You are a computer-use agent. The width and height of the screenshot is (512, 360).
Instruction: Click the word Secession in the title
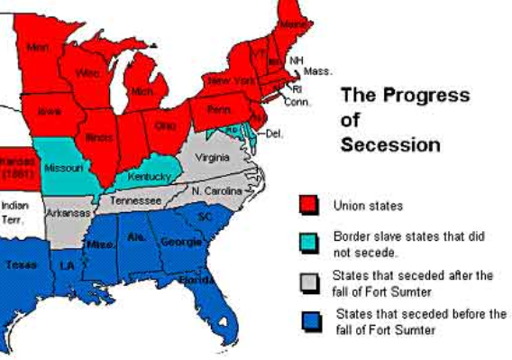pyautogui.click(x=390, y=143)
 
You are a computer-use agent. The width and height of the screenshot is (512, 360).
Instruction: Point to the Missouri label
pyautogui.click(x=64, y=168)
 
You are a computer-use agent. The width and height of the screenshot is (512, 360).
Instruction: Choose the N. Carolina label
pyautogui.click(x=216, y=191)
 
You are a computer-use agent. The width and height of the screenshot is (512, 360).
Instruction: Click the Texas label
pyautogui.click(x=22, y=264)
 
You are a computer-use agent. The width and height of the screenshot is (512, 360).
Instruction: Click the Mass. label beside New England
pyautogui.click(x=317, y=70)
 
